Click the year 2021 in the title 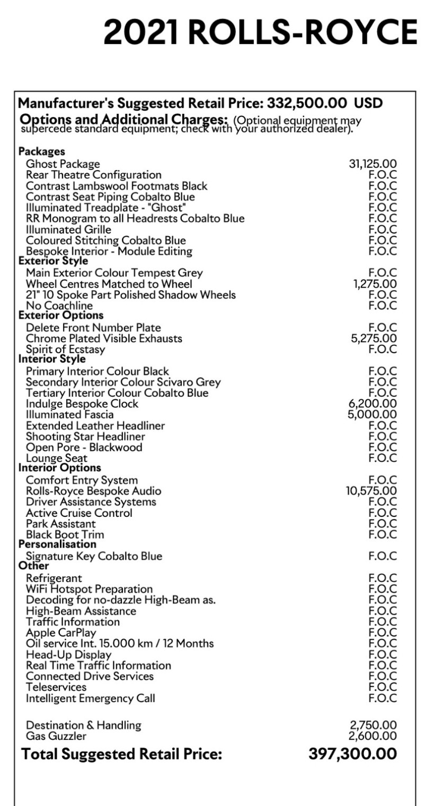pyautogui.click(x=140, y=32)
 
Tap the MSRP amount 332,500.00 pyautogui.click(x=307, y=102)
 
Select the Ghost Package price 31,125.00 pyautogui.click(x=373, y=164)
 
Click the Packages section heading pyautogui.click(x=42, y=152)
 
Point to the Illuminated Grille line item pyautogui.click(x=68, y=229)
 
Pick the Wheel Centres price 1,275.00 pyautogui.click(x=375, y=284)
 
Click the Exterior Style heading pyautogui.click(x=53, y=261)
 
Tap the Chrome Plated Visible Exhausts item pyautogui.click(x=104, y=338)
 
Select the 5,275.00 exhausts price pyautogui.click(x=374, y=338)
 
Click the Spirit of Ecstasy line pyautogui.click(x=65, y=350)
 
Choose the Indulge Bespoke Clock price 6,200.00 pyautogui.click(x=373, y=404)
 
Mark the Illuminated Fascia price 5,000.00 pyautogui.click(x=372, y=415)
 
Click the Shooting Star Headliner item pyautogui.click(x=85, y=436)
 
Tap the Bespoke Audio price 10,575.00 pyautogui.click(x=371, y=491)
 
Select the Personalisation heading pyautogui.click(x=57, y=544)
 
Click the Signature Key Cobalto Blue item pyautogui.click(x=94, y=556)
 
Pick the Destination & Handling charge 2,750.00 pyautogui.click(x=373, y=725)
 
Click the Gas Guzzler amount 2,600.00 pyautogui.click(x=373, y=736)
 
